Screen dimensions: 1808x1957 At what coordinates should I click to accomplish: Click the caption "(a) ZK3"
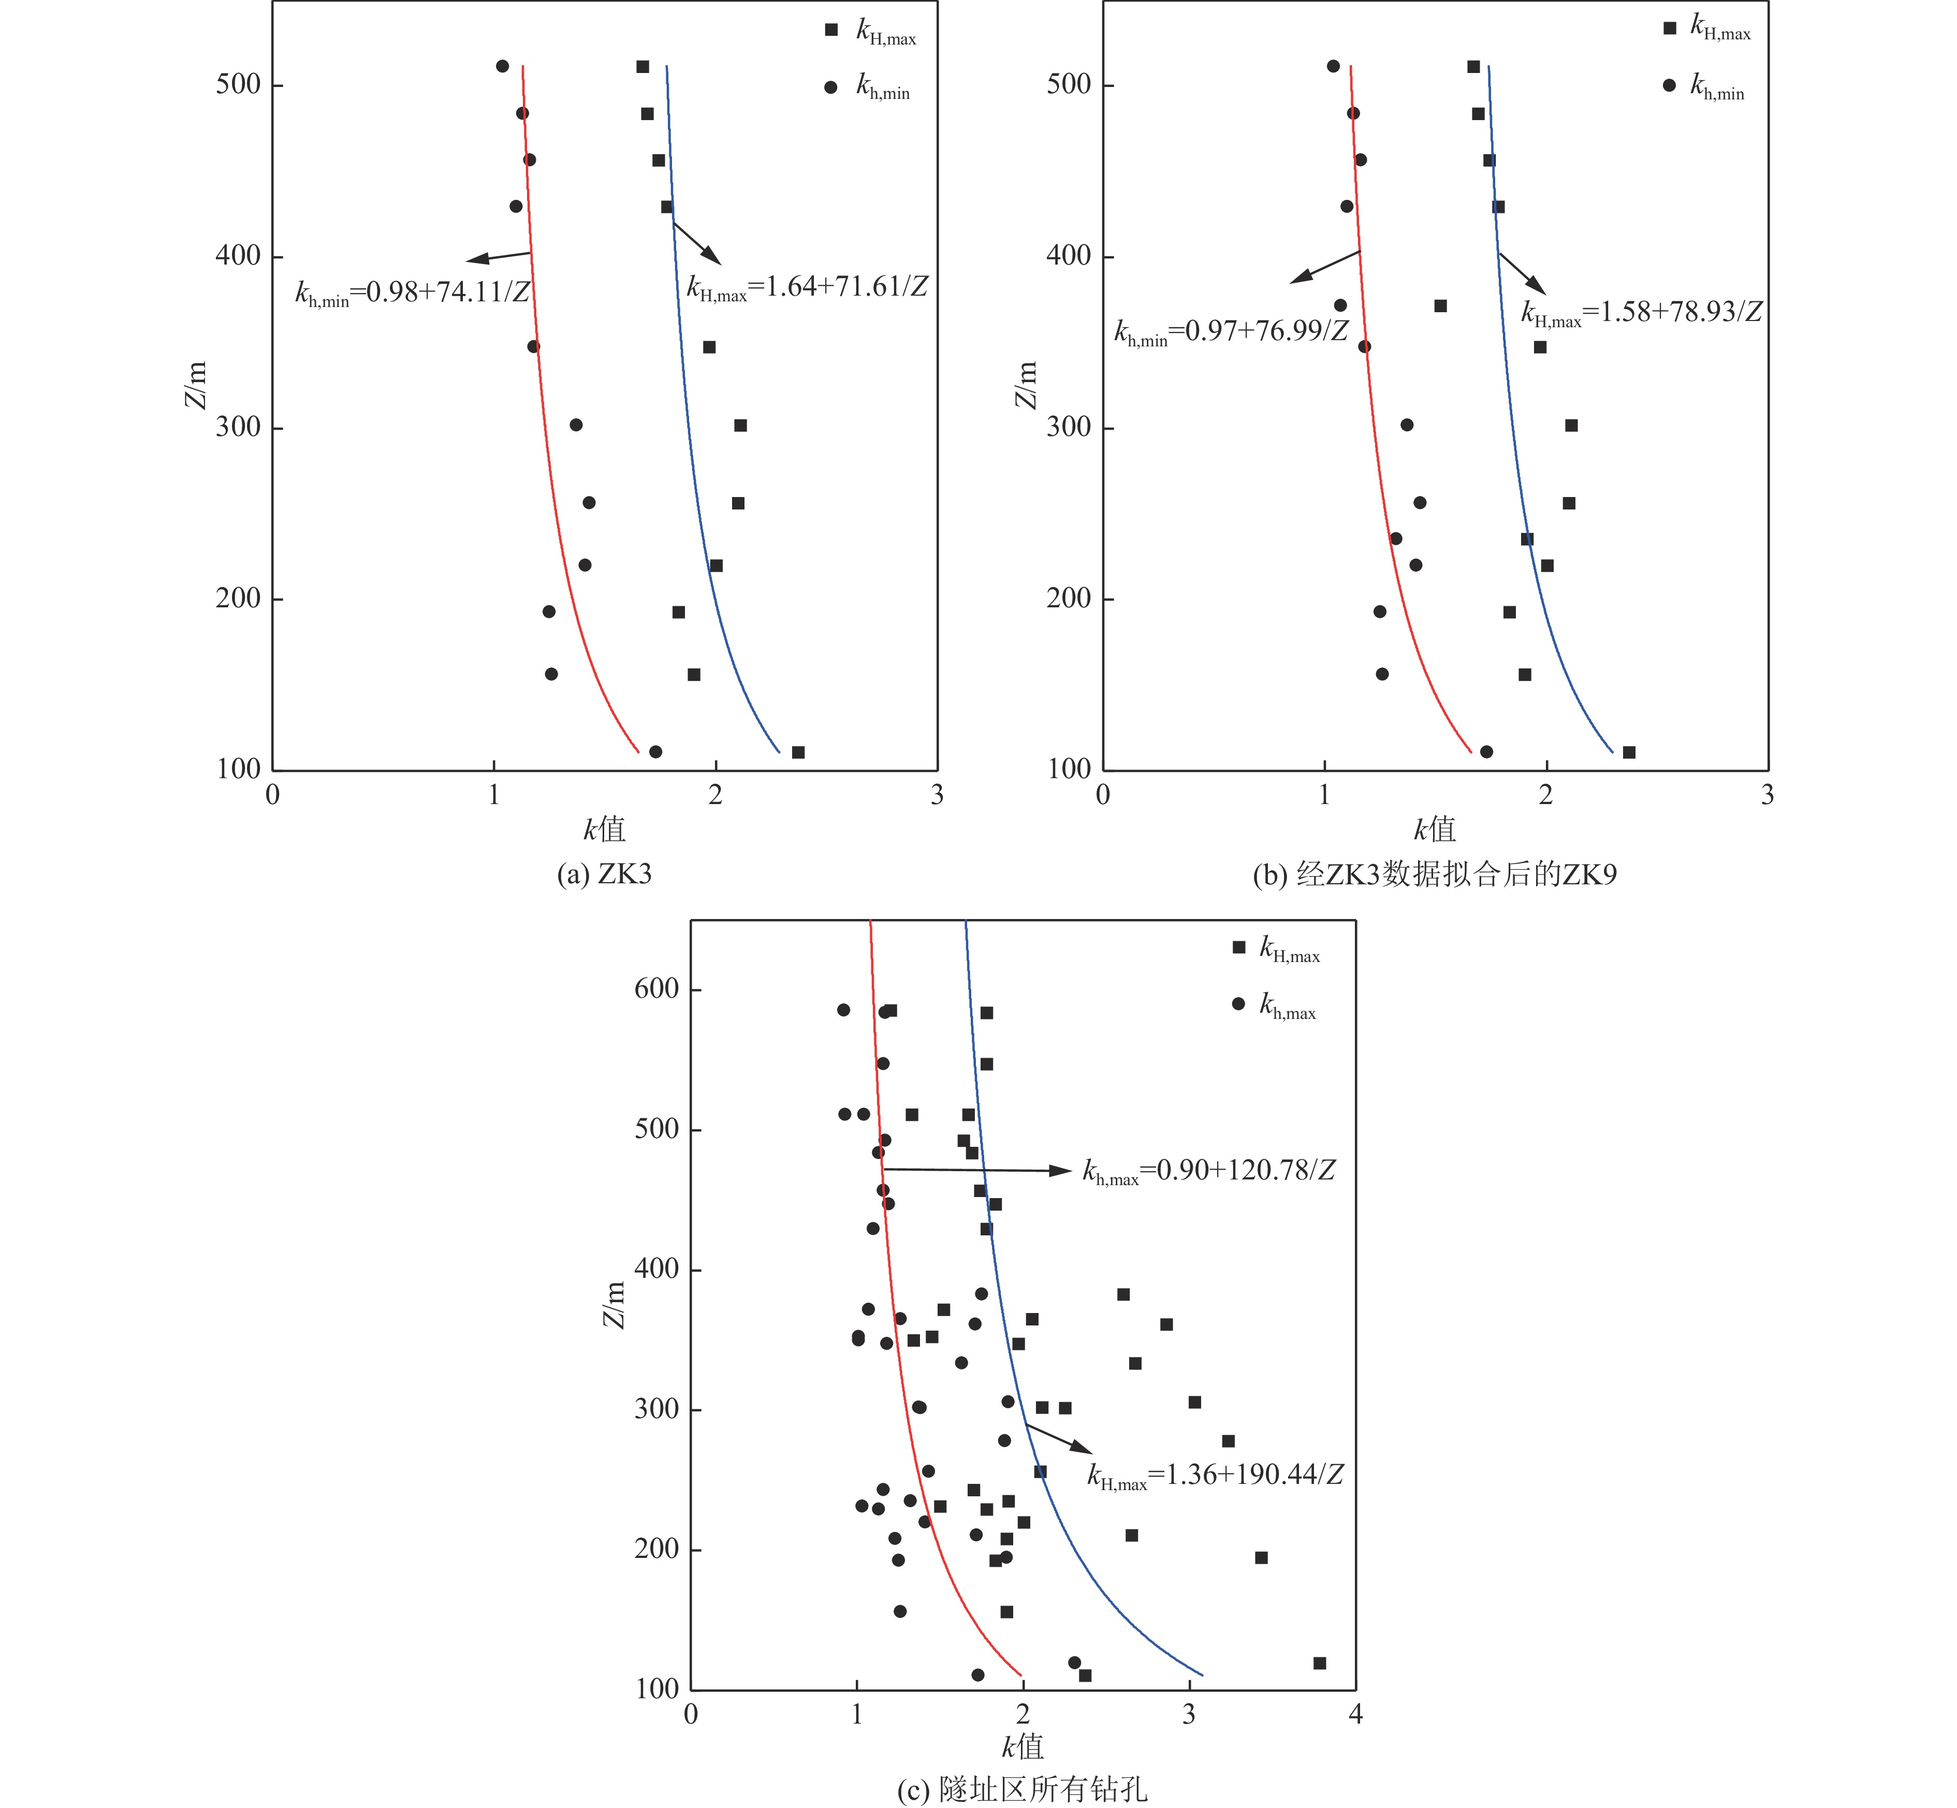pyautogui.click(x=604, y=873)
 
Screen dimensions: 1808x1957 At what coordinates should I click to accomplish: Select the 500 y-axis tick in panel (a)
pyautogui.click(x=238, y=85)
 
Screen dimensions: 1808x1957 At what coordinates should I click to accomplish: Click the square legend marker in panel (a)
pyautogui.click(x=831, y=31)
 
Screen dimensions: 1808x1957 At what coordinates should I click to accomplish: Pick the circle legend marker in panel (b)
pyautogui.click(x=1669, y=85)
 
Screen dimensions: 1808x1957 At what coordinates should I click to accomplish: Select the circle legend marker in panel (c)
pyautogui.click(x=1239, y=1004)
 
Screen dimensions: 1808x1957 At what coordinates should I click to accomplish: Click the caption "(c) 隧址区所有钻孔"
pyautogui.click(x=1023, y=1789)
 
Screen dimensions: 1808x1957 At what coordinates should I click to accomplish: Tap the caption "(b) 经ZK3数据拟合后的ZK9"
pyautogui.click(x=1435, y=873)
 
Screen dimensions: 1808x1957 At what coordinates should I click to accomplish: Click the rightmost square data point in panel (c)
pyautogui.click(x=1319, y=1663)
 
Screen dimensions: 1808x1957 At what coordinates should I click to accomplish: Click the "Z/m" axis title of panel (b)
pyautogui.click(x=1025, y=385)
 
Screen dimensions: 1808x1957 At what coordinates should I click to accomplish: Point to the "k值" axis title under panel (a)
pyautogui.click(x=604, y=829)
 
